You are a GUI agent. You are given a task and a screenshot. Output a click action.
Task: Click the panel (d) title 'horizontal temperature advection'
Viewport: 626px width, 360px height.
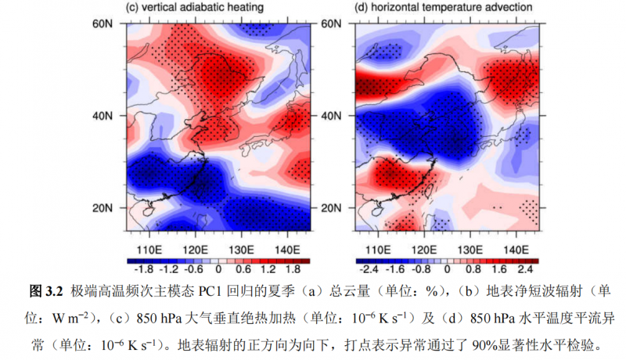click(x=444, y=8)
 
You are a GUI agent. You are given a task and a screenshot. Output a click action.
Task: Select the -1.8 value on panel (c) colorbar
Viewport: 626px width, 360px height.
click(x=140, y=270)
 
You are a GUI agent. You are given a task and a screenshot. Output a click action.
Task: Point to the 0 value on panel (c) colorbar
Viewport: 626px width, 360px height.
click(x=218, y=270)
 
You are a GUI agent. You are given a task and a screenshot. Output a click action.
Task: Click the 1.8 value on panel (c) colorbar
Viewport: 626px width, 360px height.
click(x=296, y=270)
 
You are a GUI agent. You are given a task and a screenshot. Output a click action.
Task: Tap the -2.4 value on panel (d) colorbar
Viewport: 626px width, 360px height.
click(x=367, y=270)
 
